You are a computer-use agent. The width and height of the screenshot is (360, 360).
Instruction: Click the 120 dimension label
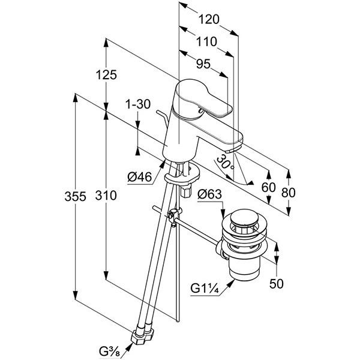[x=209, y=19]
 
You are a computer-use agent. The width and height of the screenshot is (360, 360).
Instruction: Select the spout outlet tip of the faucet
[x=235, y=144]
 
